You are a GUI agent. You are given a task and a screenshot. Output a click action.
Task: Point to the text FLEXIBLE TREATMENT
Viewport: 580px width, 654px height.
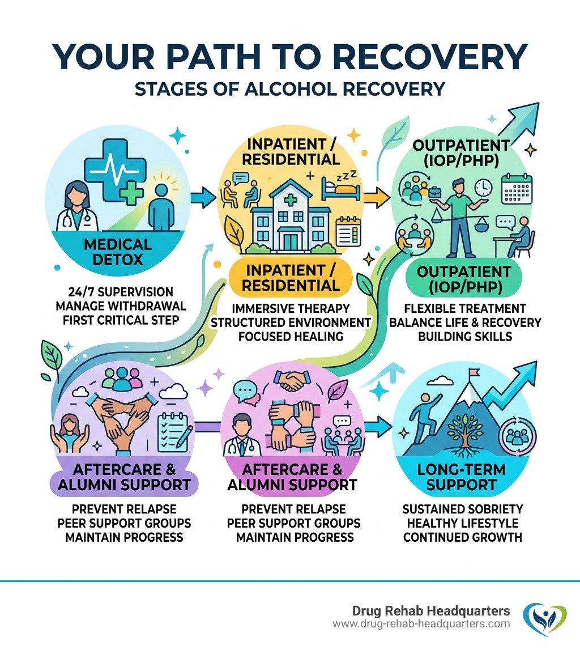pos(464,308)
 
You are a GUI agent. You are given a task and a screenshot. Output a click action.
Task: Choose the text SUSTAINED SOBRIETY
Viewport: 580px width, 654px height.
pos(463,508)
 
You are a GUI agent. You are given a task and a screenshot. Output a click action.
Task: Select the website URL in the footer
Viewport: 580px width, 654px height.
pos(421,624)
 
